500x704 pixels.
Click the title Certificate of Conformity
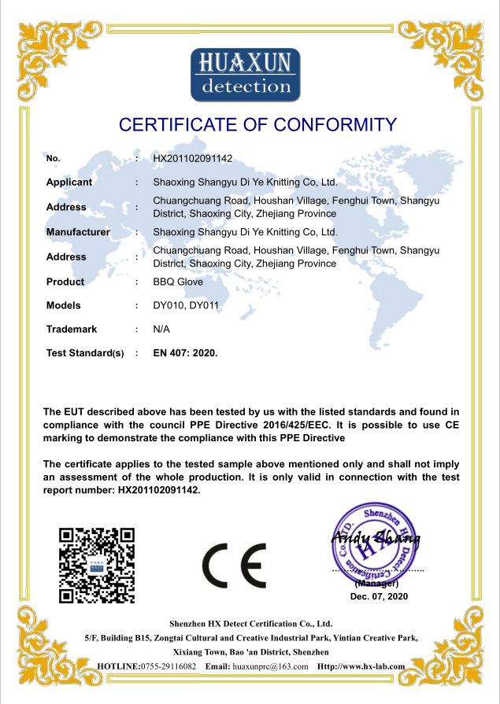(x=257, y=124)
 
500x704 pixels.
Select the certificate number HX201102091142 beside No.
(x=193, y=158)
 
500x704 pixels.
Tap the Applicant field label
(x=69, y=182)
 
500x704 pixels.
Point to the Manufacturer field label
(x=78, y=232)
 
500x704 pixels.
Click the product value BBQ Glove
(x=178, y=282)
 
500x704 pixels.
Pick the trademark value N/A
(x=161, y=329)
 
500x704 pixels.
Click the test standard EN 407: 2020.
(x=186, y=353)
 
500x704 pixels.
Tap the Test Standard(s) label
(x=85, y=353)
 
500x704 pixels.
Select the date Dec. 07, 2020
(x=379, y=597)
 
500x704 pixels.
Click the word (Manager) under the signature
(x=377, y=584)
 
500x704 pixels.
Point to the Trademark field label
(x=72, y=329)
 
